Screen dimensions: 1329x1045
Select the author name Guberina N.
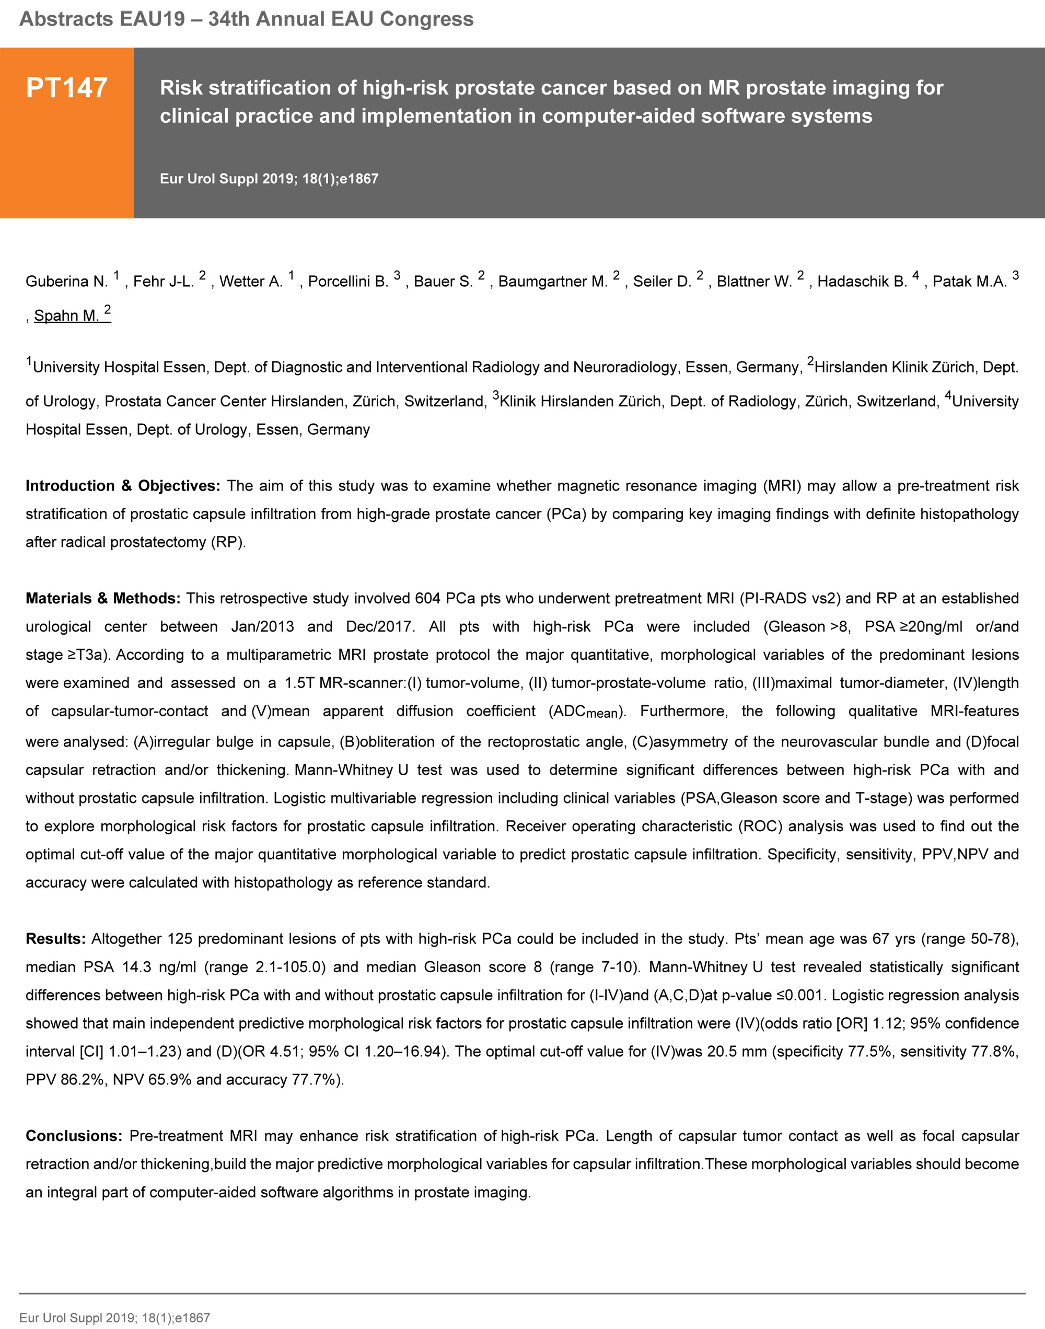(66, 282)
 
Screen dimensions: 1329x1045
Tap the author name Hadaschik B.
(862, 282)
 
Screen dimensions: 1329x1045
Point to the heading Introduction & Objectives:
(122, 486)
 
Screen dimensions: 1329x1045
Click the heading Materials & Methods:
(103, 598)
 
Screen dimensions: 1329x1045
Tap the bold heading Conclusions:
(74, 1136)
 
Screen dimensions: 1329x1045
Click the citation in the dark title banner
(269, 179)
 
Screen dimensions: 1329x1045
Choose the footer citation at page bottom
(114, 1318)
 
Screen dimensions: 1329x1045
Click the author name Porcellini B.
(348, 282)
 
